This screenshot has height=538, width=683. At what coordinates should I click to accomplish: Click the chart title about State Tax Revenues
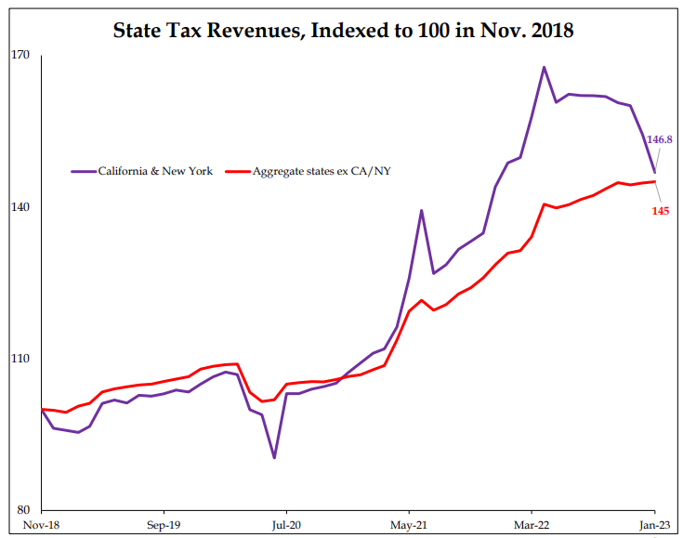pyautogui.click(x=343, y=31)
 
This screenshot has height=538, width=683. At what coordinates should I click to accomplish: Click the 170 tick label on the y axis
pyautogui.click(x=20, y=55)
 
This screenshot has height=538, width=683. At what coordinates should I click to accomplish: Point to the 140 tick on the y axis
pyautogui.click(x=20, y=207)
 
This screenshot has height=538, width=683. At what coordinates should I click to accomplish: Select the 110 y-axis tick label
pyautogui.click(x=20, y=359)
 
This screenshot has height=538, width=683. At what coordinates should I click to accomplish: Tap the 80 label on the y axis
pyautogui.click(x=23, y=510)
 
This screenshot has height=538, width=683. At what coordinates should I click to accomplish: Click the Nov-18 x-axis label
pyautogui.click(x=42, y=525)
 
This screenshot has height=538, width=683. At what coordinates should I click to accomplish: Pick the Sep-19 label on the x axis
pyautogui.click(x=164, y=525)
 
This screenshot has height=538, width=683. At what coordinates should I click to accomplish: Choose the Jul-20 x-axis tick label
pyautogui.click(x=286, y=525)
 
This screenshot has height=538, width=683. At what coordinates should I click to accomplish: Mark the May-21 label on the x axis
pyautogui.click(x=409, y=525)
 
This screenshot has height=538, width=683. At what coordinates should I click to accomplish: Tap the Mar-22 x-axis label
pyautogui.click(x=532, y=525)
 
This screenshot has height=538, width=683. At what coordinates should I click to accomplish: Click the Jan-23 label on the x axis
pyautogui.click(x=653, y=525)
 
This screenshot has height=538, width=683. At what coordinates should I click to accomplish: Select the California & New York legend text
pyautogui.click(x=155, y=171)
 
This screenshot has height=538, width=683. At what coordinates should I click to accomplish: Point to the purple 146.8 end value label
pyautogui.click(x=660, y=139)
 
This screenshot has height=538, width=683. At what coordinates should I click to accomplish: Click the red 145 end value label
pyautogui.click(x=661, y=211)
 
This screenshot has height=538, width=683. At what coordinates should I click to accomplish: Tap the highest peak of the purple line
pyautogui.click(x=544, y=67)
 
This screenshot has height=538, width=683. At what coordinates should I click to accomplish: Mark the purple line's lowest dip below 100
pyautogui.click(x=274, y=457)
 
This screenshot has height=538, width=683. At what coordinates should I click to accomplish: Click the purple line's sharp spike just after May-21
pyautogui.click(x=422, y=210)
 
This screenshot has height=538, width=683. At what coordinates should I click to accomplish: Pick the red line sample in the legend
pyautogui.click(x=237, y=171)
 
